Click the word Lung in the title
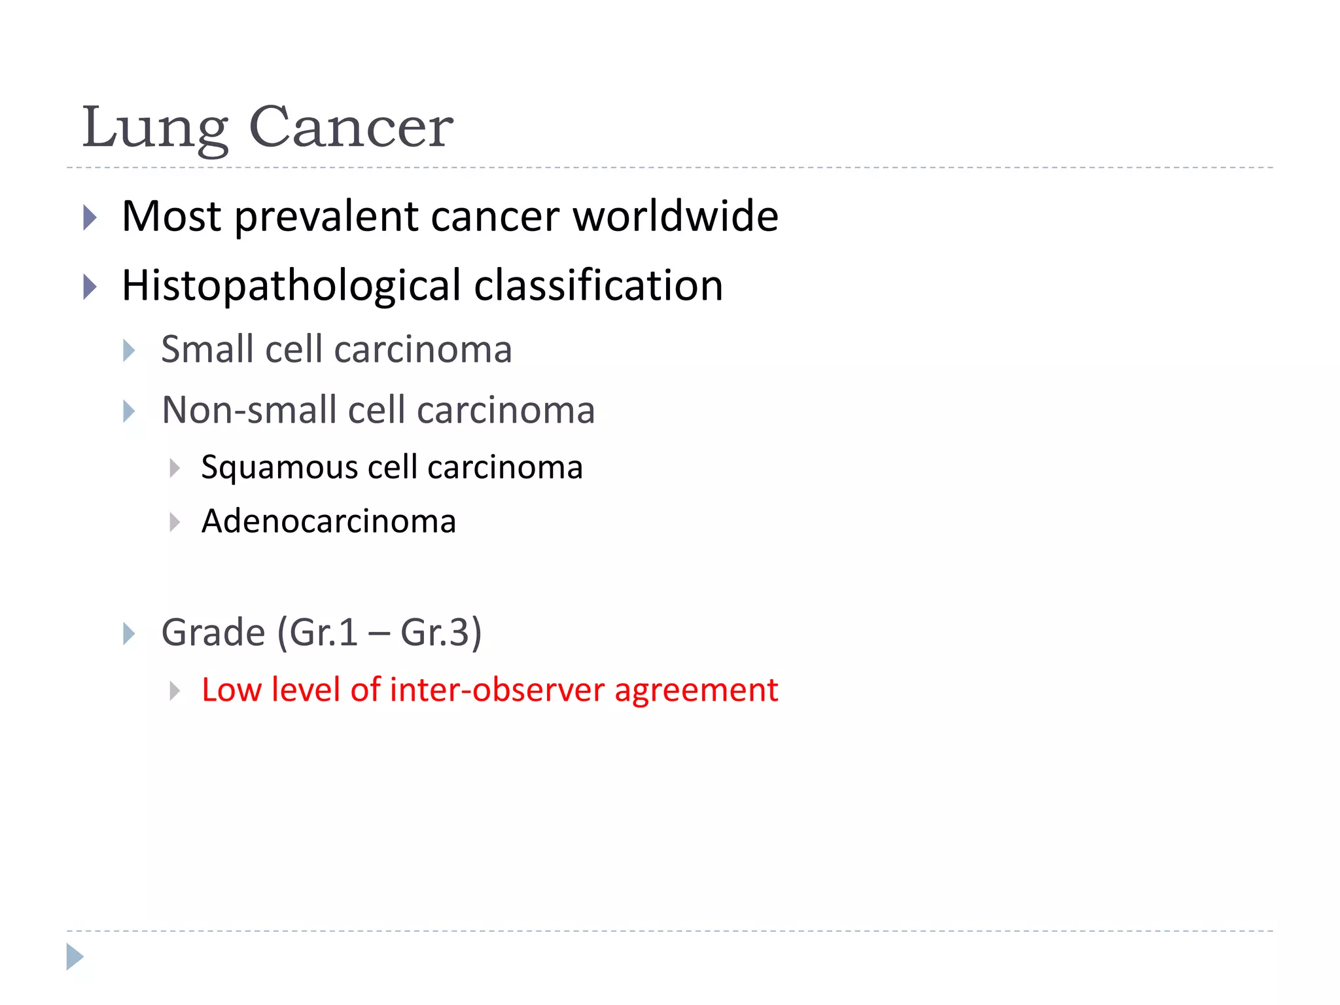(155, 129)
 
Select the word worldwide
(676, 217)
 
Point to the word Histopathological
(292, 287)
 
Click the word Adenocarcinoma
(328, 521)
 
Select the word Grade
(213, 633)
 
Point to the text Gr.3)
(440, 633)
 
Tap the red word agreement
(696, 691)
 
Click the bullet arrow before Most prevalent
(90, 217)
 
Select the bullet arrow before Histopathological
(90, 287)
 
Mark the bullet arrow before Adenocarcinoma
(174, 522)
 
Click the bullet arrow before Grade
(129, 633)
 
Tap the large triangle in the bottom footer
(75, 957)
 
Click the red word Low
(231, 690)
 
